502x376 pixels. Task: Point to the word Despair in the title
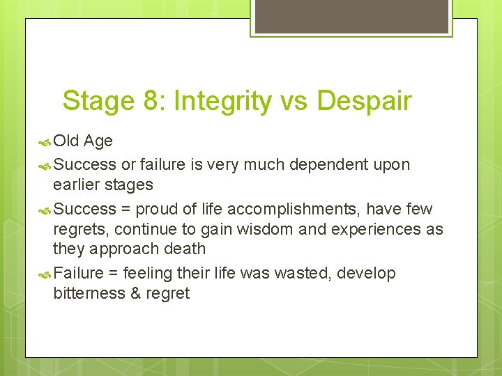coord(364,102)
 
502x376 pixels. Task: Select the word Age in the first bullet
coord(98,142)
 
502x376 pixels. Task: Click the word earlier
coord(75,185)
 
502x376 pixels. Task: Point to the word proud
coord(158,209)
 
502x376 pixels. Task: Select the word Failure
coord(78,273)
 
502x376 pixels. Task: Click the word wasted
coord(303,273)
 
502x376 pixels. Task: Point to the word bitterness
coord(89,293)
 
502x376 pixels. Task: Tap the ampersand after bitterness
coord(135,293)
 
